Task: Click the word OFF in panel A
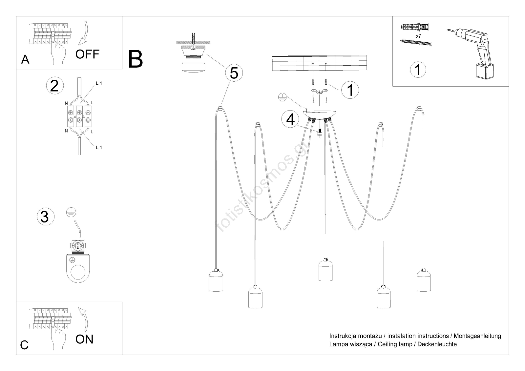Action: (87, 54)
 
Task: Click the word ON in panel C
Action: (84, 339)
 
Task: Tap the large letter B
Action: (136, 59)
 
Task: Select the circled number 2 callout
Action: (54, 85)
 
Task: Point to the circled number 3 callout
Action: (45, 217)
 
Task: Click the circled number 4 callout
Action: (290, 119)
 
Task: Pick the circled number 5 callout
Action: (234, 73)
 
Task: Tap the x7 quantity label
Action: (418, 36)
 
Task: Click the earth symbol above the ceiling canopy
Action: (282, 97)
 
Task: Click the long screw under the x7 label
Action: (416, 42)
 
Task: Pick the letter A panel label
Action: (25, 59)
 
